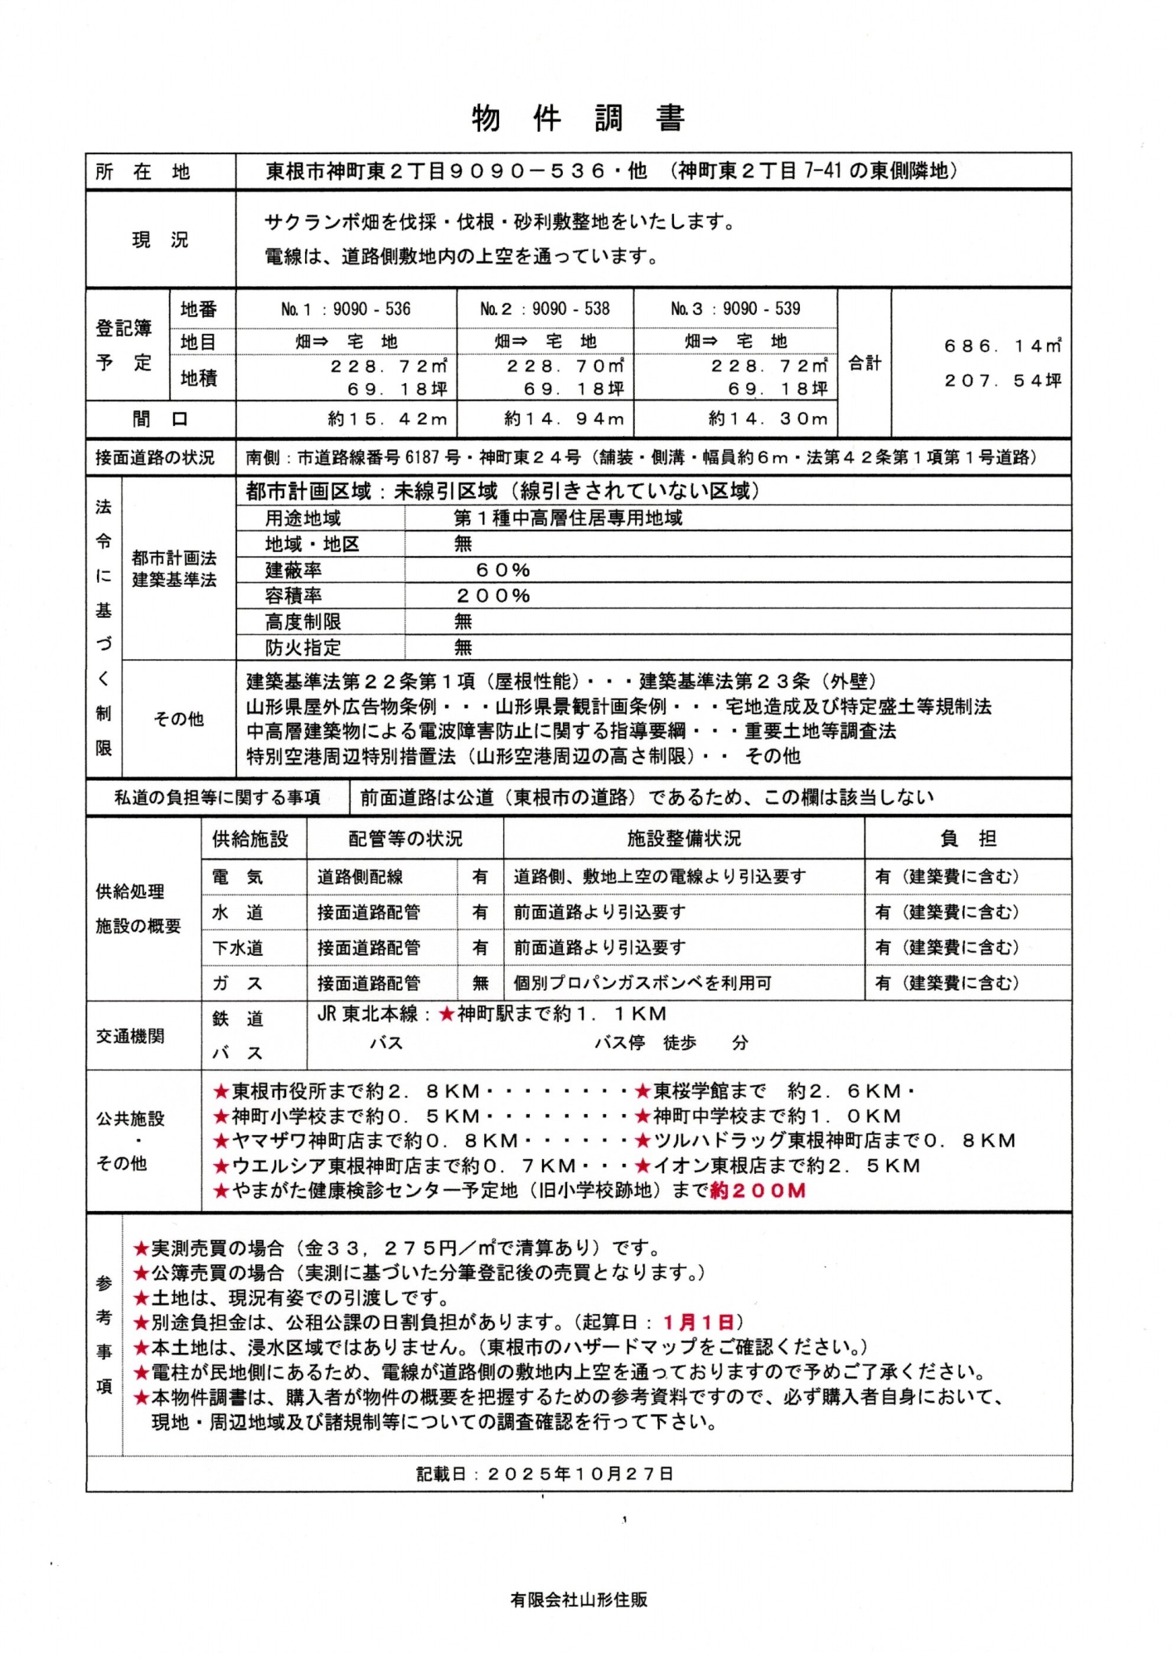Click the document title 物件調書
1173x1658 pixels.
[x=578, y=119]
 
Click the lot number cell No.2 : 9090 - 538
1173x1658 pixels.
[x=545, y=309]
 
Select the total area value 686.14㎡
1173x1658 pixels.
[x=1002, y=347]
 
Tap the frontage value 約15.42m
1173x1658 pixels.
[x=387, y=419]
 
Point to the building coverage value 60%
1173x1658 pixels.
[x=502, y=570]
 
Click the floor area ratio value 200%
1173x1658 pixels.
[x=493, y=596]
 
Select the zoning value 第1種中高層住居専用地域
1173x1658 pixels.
[x=568, y=519]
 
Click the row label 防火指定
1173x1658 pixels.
[x=303, y=647]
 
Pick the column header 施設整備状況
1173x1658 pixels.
[x=683, y=839]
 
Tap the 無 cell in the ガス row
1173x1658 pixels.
[x=480, y=983]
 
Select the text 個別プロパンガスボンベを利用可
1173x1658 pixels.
[x=642, y=983]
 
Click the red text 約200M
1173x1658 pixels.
[x=758, y=1191]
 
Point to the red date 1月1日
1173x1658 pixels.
[x=698, y=1322]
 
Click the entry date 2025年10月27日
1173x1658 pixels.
[x=580, y=1473]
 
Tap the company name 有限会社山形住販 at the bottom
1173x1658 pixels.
[x=579, y=1600]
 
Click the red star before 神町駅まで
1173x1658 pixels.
[x=447, y=1014]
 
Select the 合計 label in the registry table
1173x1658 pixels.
[x=864, y=363]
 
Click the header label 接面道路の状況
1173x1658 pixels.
[x=155, y=458]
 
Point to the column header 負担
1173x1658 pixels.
[x=967, y=839]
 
